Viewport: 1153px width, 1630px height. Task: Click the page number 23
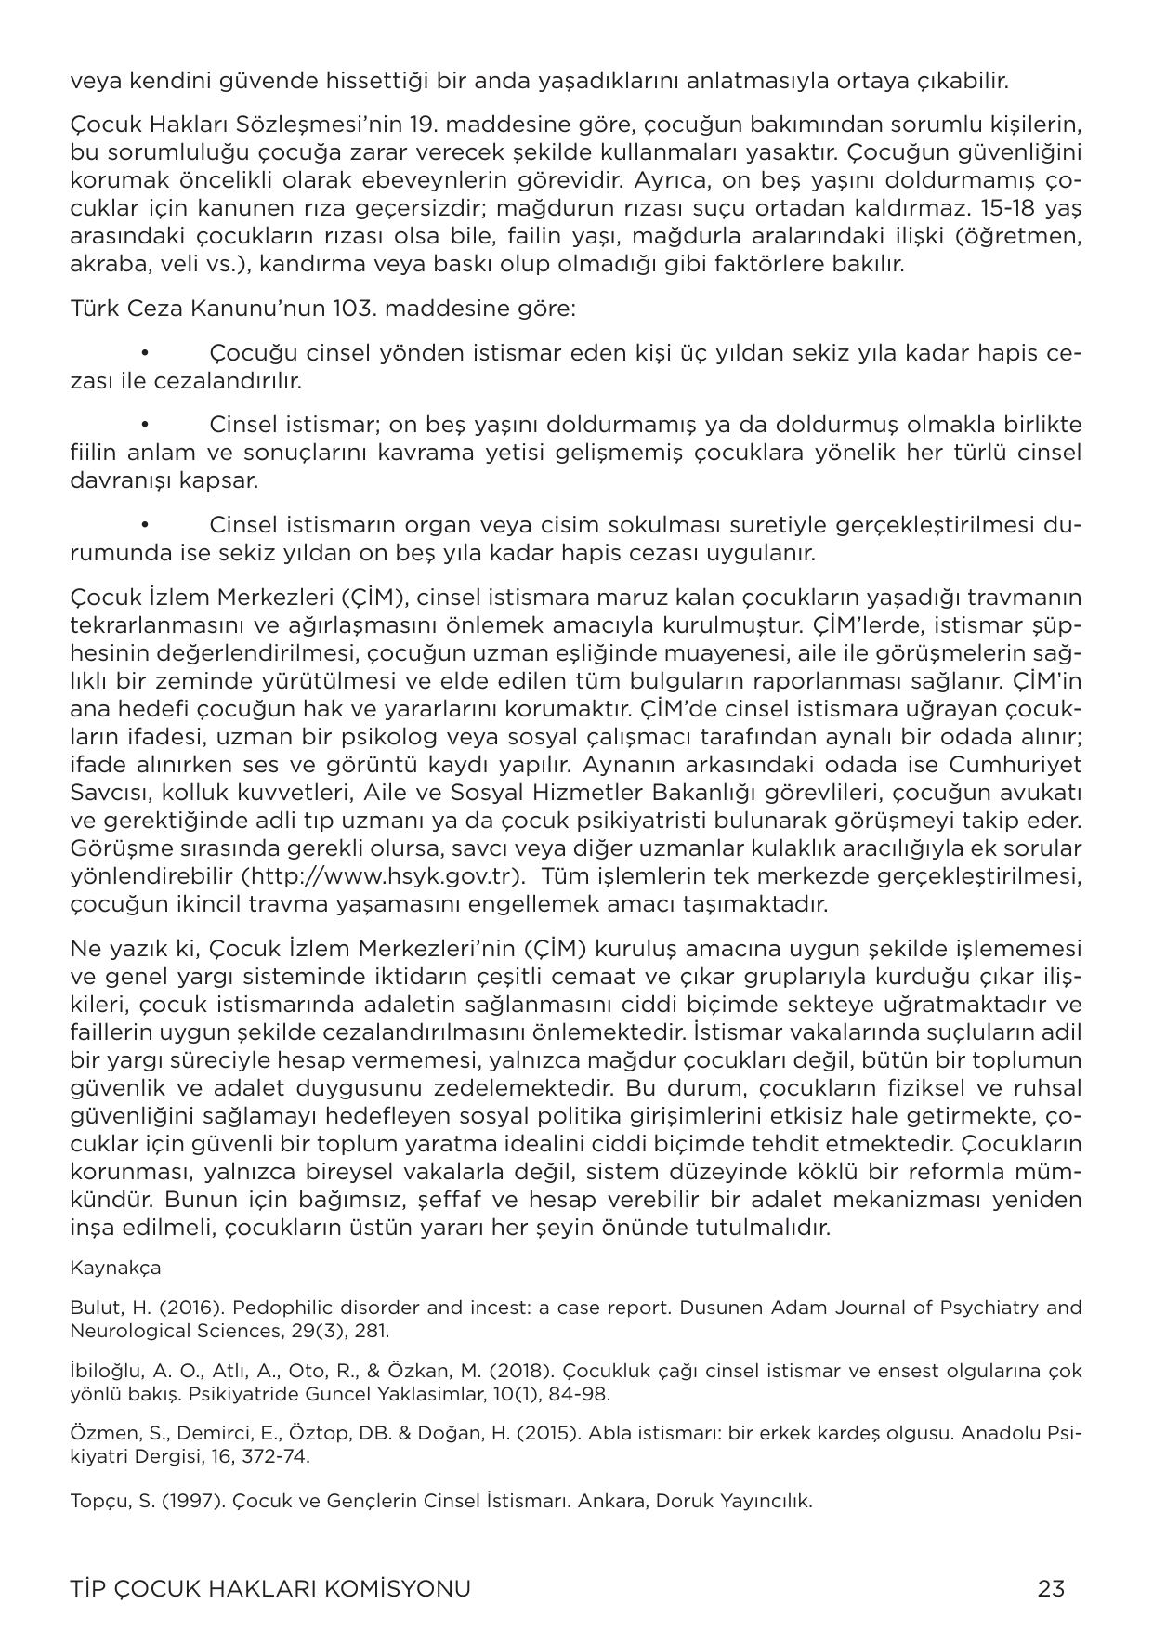[x=1051, y=1588]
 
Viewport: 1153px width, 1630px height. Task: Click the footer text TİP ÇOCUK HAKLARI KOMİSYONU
[x=270, y=1588]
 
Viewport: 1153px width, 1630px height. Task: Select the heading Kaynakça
[x=115, y=1268]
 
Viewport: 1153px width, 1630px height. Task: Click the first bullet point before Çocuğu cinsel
[x=145, y=353]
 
